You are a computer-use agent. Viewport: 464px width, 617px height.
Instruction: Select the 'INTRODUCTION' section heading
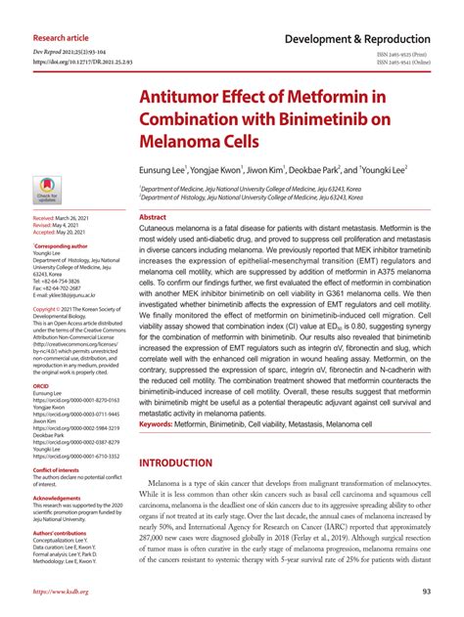click(189, 463)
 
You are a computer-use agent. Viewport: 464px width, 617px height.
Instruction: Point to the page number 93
click(427, 592)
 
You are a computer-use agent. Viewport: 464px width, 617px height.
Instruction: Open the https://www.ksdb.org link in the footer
click(61, 592)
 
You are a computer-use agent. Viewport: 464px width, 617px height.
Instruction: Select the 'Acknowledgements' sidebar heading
click(58, 499)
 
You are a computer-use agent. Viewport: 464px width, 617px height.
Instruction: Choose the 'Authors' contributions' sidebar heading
click(64, 533)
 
